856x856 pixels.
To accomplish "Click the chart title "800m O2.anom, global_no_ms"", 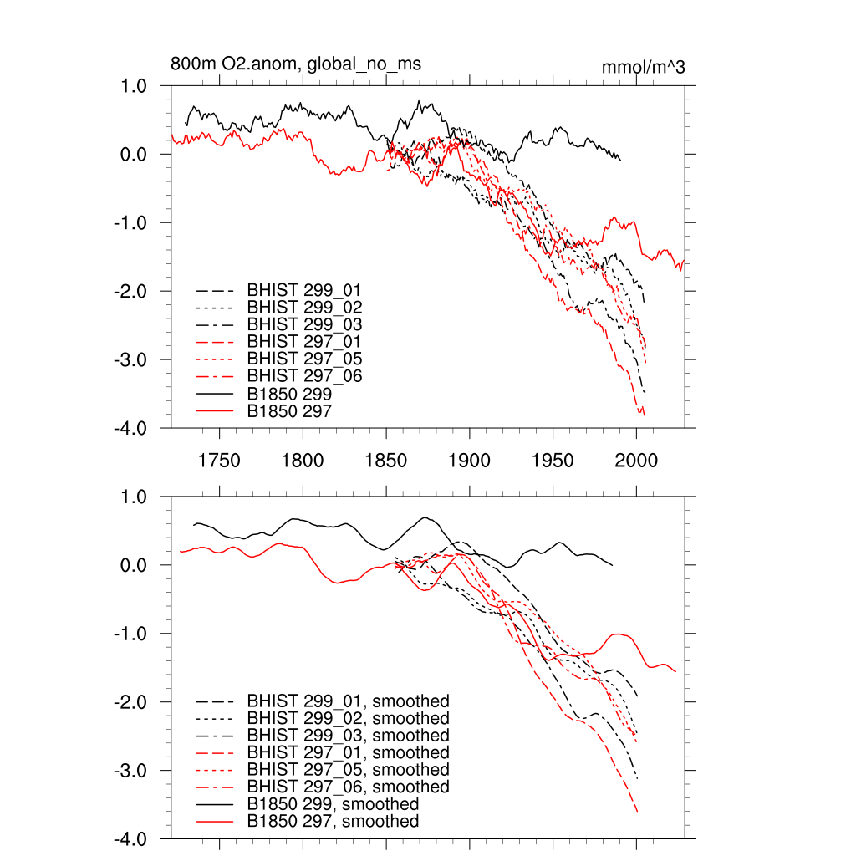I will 296,64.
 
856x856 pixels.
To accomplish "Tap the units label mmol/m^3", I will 643,67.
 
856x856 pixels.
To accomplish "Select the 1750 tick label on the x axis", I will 219,461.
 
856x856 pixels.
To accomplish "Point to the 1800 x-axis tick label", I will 303,461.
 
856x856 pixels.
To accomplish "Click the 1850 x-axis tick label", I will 385,461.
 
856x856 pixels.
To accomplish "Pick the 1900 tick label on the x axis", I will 469,461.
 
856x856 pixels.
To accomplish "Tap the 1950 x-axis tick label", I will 553,461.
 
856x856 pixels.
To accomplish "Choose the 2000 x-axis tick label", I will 636,461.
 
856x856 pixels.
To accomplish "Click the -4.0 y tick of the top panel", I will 130,429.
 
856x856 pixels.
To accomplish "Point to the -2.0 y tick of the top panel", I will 130,292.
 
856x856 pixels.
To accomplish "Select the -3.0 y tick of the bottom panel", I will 130,771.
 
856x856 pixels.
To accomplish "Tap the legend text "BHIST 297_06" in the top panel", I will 304,376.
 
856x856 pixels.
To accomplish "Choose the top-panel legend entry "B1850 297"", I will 289,410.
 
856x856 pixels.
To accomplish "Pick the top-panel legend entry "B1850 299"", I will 289,393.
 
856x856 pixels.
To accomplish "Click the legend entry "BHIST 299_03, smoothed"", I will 348,736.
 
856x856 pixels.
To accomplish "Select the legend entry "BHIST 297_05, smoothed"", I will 348,770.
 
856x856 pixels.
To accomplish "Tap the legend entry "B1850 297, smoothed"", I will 333,822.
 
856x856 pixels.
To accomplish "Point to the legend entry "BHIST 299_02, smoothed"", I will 348,718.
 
